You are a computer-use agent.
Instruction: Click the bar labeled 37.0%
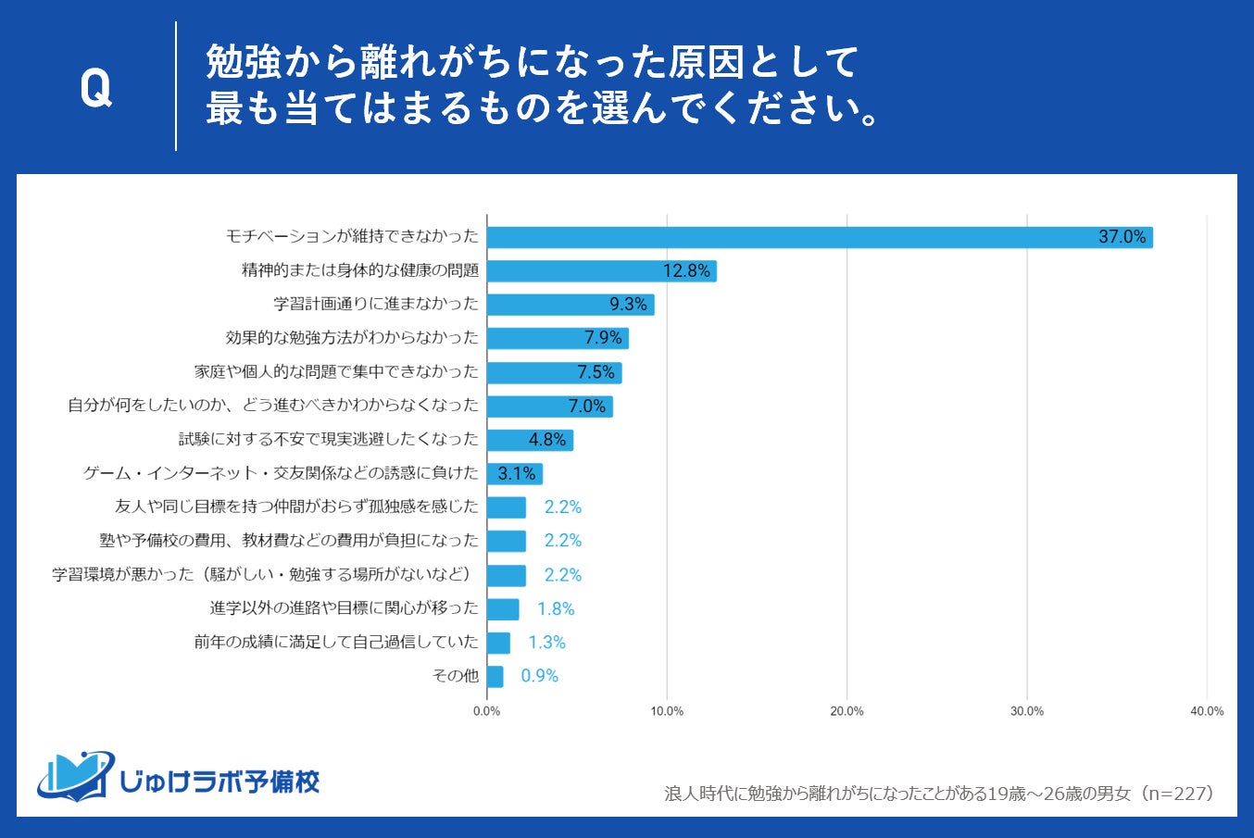tap(819, 237)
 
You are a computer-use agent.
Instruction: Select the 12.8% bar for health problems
tap(601, 271)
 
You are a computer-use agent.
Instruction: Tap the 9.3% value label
tap(628, 305)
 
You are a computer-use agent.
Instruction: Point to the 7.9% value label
tap(603, 338)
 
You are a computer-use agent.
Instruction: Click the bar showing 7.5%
tap(553, 372)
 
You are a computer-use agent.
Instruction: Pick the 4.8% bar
tap(529, 440)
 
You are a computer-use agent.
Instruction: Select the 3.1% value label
tap(517, 473)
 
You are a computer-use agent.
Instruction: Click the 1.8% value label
tap(556, 608)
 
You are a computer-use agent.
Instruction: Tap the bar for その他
tap(495, 676)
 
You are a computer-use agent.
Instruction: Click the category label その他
tap(456, 676)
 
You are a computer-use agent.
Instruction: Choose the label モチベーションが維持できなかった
tap(352, 236)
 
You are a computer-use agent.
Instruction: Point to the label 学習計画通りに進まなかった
tap(376, 304)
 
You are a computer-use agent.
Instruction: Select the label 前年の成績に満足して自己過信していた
tap(336, 642)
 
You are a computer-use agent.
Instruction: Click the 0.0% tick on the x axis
tap(487, 711)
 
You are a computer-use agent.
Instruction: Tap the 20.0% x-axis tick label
tap(846, 711)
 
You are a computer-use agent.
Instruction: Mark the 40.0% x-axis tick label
tap(1207, 711)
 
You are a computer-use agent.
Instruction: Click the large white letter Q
tap(95, 89)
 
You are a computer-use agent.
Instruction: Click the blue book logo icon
tap(74, 776)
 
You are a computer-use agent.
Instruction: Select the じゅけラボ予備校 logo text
tap(220, 782)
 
